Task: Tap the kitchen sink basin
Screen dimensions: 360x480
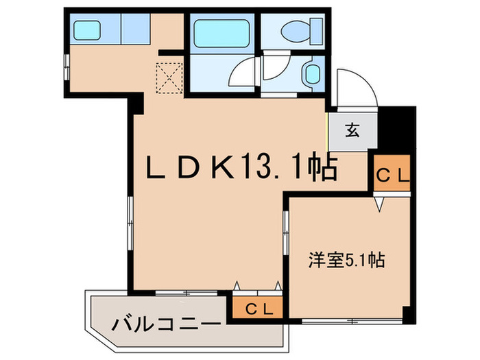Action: coord(86,30)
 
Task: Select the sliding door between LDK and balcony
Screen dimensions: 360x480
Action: coord(185,293)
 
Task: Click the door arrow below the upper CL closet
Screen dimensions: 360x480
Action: coord(378,204)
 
